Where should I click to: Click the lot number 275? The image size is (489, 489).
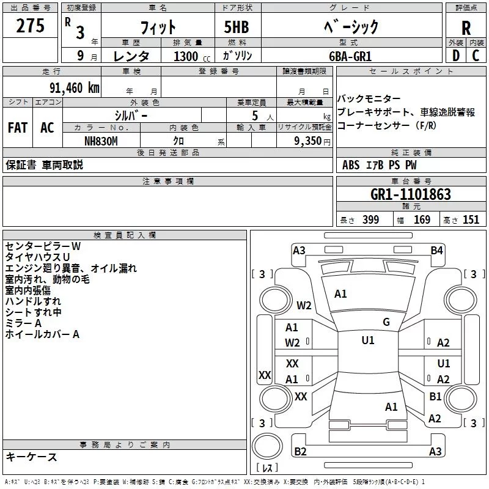click(31, 26)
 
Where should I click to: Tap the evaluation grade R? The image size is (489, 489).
click(466, 28)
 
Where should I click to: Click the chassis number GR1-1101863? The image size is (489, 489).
click(411, 194)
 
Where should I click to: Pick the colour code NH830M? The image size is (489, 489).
click(101, 141)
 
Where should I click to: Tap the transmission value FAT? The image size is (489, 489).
click(17, 127)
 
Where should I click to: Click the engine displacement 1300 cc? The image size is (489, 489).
click(186, 56)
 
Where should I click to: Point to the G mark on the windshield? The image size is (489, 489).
click(386, 322)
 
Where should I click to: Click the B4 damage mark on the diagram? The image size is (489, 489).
click(436, 250)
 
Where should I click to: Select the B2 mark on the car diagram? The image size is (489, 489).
click(300, 452)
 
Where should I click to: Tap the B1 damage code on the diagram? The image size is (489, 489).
click(435, 397)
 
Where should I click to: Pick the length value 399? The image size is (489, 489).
click(370, 220)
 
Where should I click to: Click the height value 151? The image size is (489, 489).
click(471, 220)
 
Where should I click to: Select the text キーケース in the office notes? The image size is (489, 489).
click(31, 457)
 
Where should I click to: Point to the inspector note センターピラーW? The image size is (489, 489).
click(43, 246)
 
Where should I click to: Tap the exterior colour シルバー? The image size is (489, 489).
click(131, 115)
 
